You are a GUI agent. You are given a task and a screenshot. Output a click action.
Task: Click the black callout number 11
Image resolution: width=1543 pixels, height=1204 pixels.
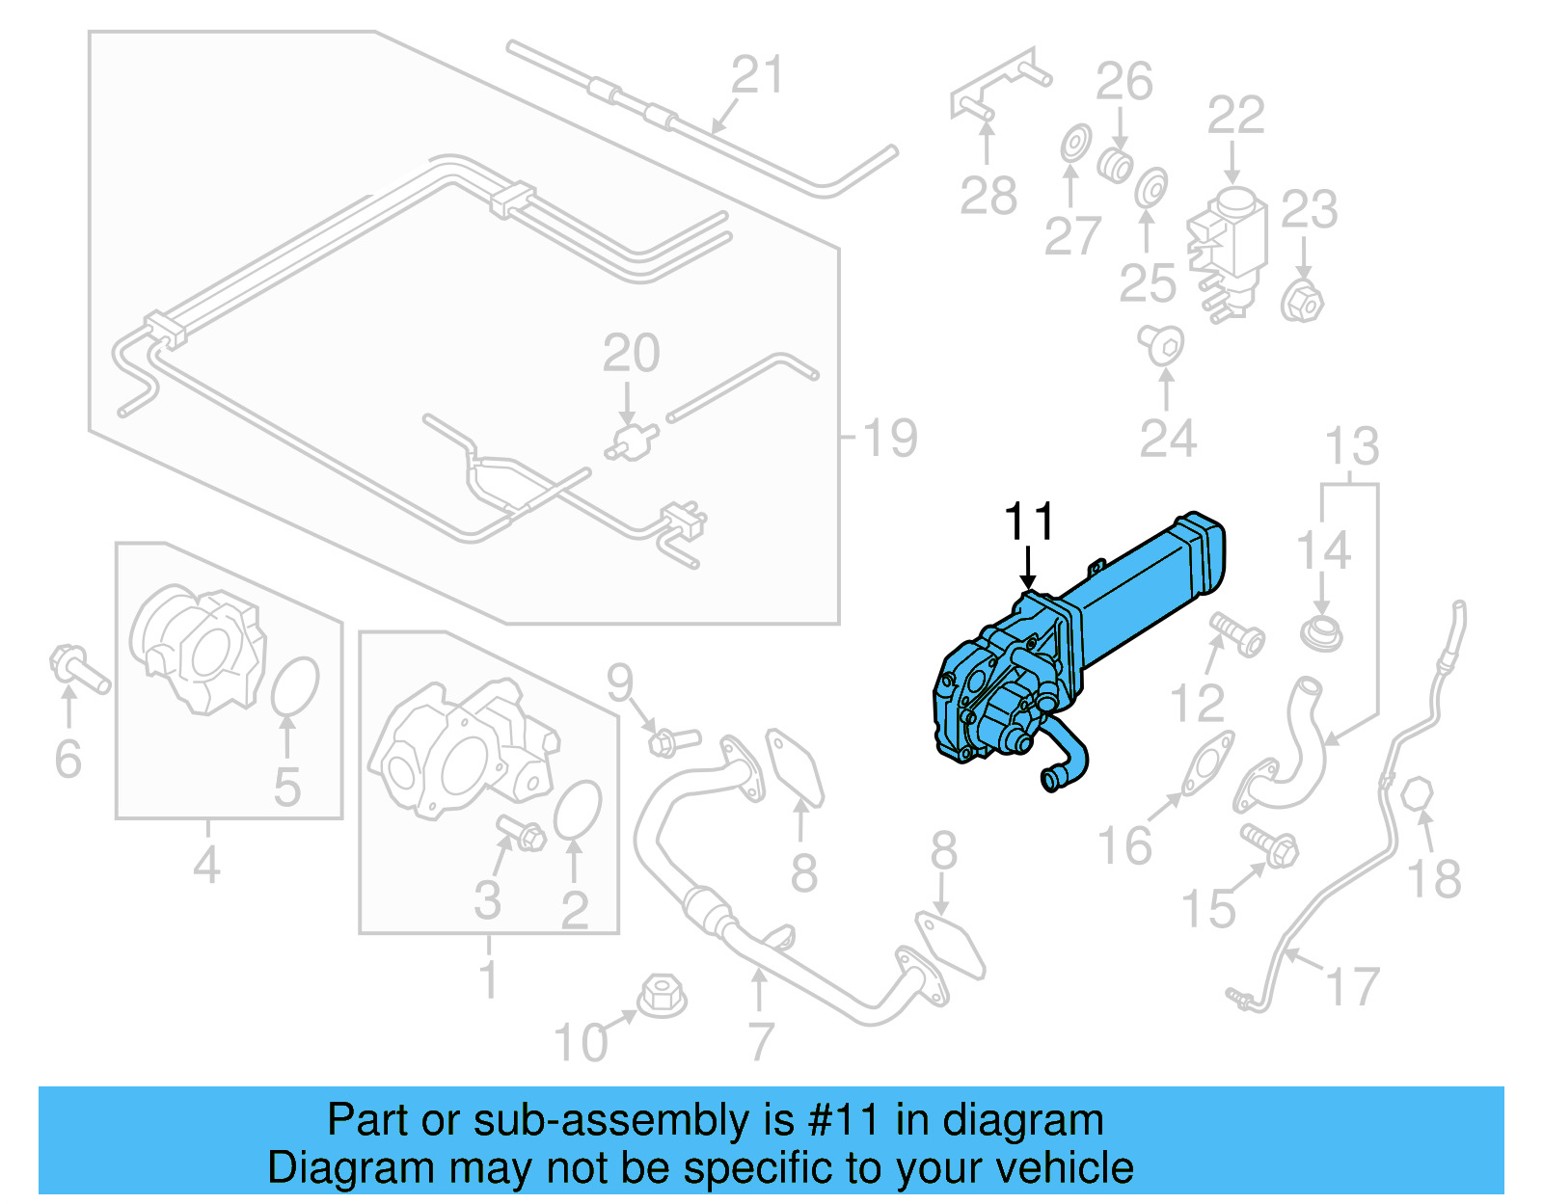pyautogui.click(x=1029, y=522)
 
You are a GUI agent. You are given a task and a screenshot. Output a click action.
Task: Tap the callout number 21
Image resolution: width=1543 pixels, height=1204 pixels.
pyautogui.click(x=757, y=75)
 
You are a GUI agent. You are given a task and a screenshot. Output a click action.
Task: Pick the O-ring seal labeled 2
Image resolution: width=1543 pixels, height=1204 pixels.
pyautogui.click(x=578, y=810)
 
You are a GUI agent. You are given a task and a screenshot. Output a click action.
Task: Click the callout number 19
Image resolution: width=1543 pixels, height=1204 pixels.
pyautogui.click(x=889, y=439)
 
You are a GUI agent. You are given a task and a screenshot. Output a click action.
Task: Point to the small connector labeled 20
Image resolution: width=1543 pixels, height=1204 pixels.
pyautogui.click(x=632, y=442)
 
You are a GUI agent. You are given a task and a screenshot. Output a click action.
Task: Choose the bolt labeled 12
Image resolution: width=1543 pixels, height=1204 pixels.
pyautogui.click(x=1237, y=632)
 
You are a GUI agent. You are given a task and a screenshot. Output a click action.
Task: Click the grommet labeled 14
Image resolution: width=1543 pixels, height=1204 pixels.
pyautogui.click(x=1320, y=633)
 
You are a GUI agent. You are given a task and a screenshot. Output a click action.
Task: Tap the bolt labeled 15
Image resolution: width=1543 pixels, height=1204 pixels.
pyautogui.click(x=1270, y=843)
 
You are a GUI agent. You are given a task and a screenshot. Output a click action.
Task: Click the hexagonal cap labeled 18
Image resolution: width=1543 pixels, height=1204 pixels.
pyautogui.click(x=1418, y=796)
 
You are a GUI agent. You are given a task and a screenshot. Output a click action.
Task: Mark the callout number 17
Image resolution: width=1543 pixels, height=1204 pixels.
pyautogui.click(x=1353, y=987)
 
